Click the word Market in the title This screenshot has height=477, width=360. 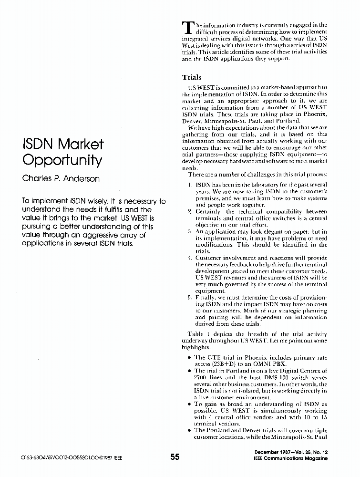tap(79, 144)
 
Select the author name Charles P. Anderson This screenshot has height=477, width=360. tap(62, 179)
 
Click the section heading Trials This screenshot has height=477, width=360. tap(192, 77)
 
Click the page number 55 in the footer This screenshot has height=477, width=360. tap(175, 457)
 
